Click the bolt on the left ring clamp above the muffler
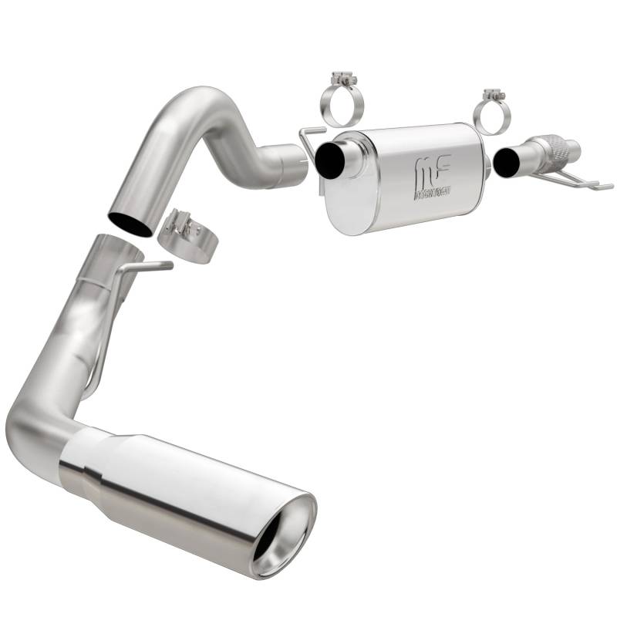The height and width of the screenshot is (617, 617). [x=341, y=79]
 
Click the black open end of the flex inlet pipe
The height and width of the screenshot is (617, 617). [x=508, y=163]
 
